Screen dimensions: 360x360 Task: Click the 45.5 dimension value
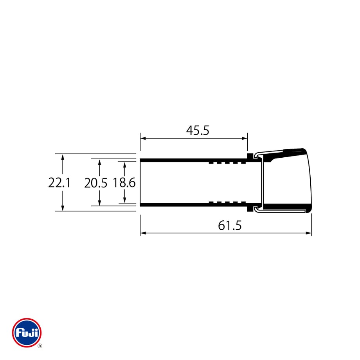tap(198, 130)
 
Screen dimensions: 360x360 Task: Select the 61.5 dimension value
tap(230, 225)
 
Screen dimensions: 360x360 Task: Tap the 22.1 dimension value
tap(59, 183)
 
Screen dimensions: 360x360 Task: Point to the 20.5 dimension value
tap(96, 183)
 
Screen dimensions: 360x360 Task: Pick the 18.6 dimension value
tap(124, 183)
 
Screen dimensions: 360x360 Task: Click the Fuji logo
tap(27, 333)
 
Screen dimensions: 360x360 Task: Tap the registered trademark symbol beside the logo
tap(40, 346)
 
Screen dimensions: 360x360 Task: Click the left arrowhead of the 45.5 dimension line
tap(143, 139)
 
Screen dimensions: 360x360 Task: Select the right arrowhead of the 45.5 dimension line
tap(245, 139)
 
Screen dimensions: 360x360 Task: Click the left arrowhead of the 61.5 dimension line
tap(143, 233)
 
